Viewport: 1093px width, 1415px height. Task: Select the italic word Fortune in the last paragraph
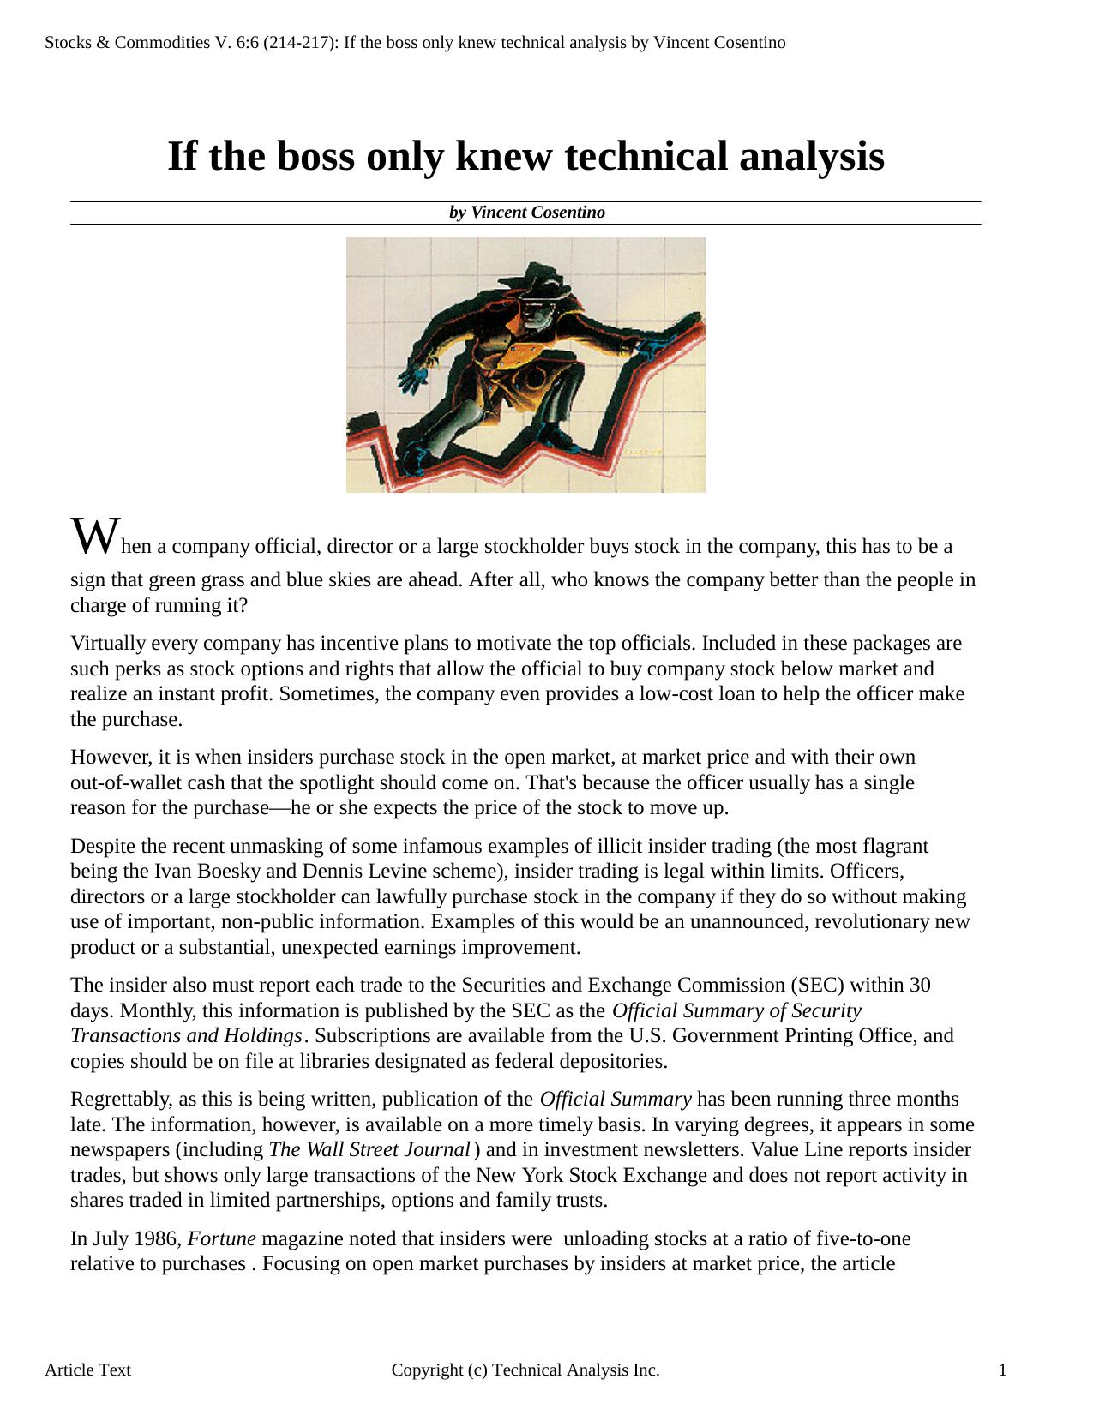coord(221,1239)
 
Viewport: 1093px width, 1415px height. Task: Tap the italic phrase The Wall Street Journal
coord(369,1150)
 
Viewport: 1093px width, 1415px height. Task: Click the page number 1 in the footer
coord(1002,1370)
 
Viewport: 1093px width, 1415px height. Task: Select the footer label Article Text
coord(87,1370)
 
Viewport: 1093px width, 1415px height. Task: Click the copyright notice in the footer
coord(525,1370)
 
